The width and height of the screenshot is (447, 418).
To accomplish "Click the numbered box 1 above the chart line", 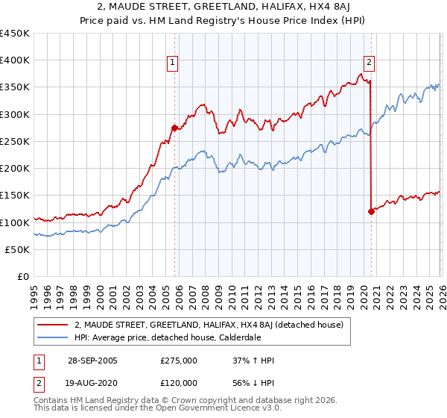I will (173, 63).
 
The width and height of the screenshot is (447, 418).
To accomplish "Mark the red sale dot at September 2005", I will (174, 128).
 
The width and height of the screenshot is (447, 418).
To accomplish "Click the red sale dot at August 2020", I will (370, 211).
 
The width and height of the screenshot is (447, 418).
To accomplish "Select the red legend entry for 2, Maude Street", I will (208, 325).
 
